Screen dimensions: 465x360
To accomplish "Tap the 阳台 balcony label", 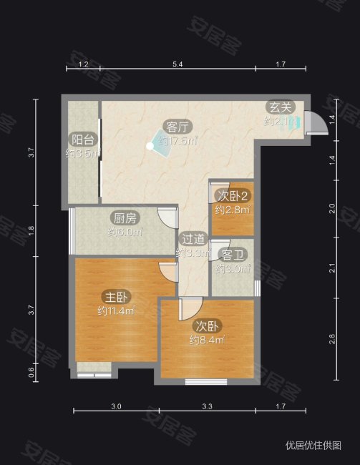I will (x=79, y=139).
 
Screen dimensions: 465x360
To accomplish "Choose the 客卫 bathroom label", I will (x=232, y=255).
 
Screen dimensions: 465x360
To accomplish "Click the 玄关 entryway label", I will (x=279, y=108).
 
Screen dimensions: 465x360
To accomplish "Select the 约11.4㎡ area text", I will (x=116, y=311).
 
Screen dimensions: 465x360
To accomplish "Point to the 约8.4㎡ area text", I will (x=208, y=341).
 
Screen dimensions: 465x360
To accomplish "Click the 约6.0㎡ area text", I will (x=125, y=232).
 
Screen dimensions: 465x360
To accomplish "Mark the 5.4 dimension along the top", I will (x=178, y=65).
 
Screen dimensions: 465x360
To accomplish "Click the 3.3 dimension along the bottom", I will (x=208, y=407).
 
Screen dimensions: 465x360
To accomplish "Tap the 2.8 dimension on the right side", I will (x=332, y=339).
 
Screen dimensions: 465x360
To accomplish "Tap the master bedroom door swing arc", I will (x=168, y=270).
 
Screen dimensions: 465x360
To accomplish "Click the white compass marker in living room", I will (x=150, y=146).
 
